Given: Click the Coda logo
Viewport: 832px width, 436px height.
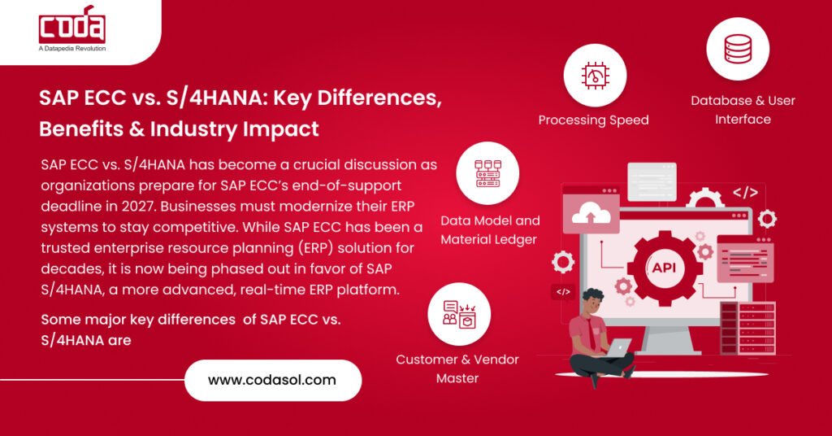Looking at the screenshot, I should (72, 27).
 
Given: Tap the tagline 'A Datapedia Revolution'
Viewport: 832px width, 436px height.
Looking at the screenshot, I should (72, 49).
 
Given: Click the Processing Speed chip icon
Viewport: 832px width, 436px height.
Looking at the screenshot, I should (594, 76).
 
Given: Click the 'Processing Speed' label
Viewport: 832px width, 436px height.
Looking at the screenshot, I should (594, 120).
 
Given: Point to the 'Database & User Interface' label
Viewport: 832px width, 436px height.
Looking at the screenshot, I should (743, 110).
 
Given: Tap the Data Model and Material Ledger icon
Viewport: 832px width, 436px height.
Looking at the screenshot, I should (488, 172).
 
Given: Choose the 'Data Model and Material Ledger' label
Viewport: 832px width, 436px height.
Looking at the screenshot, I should (490, 230).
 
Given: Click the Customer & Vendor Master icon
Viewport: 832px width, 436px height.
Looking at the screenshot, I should (459, 314).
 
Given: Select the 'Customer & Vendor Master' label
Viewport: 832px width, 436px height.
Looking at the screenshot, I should (457, 368).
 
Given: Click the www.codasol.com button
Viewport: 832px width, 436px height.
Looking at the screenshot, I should (272, 380).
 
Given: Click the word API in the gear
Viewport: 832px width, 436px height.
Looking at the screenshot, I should (663, 268).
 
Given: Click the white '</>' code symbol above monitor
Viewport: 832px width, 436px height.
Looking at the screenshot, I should (745, 194).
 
